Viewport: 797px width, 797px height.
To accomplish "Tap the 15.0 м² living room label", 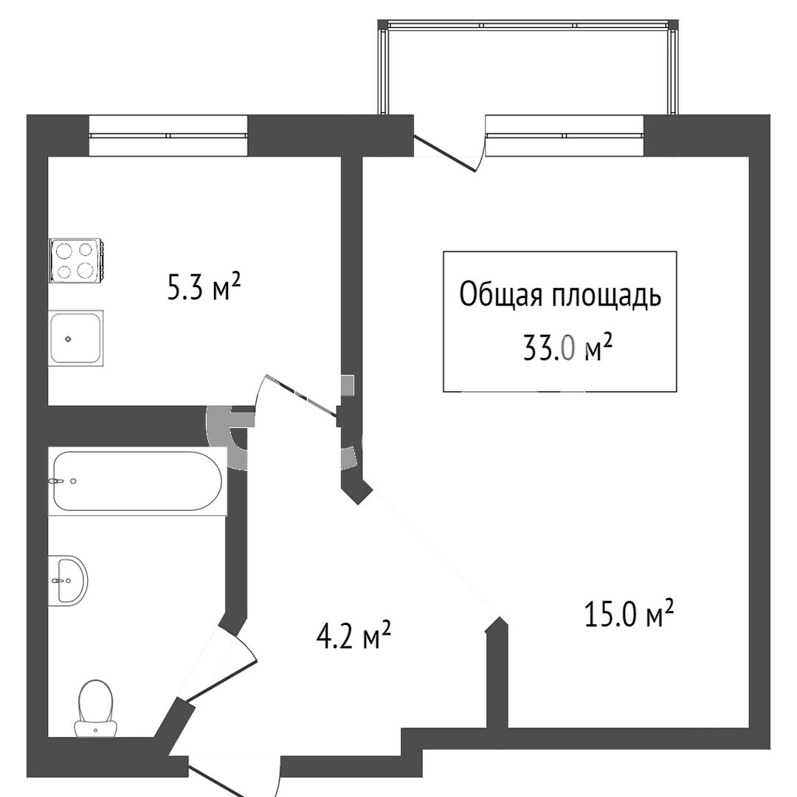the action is tap(629, 613).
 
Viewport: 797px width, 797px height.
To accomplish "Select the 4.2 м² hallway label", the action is tap(353, 636).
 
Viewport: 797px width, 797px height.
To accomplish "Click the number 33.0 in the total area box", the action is tap(551, 348).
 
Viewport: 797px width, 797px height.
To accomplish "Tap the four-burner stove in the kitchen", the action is tap(76, 261).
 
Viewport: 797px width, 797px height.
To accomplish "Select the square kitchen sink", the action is tap(76, 337).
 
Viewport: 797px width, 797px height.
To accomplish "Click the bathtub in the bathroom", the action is tap(137, 481).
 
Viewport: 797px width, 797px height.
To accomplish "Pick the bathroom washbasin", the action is tap(68, 580).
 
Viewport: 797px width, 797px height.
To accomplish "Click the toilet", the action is tap(95, 708).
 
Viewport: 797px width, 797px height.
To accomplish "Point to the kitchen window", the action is tap(168, 136).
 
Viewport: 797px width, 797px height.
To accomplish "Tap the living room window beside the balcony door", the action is tap(565, 136).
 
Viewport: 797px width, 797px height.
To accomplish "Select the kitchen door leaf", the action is tap(301, 396).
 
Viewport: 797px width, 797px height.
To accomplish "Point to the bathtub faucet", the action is tap(57, 480).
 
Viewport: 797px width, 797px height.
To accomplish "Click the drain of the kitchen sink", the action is tap(68, 339).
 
